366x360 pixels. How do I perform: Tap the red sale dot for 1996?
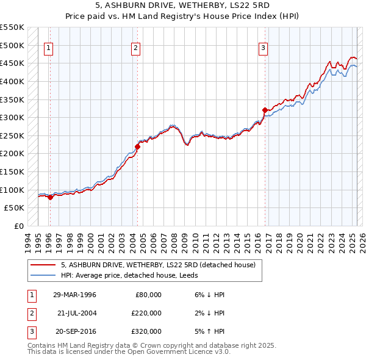coord(50,196)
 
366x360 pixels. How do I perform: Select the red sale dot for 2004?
coord(138,146)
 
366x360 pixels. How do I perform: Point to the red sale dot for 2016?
coord(265,110)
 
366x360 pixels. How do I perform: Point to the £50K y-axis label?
coord(15,208)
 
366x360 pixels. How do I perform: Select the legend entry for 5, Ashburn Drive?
coord(161,265)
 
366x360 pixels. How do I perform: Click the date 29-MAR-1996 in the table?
coord(74,295)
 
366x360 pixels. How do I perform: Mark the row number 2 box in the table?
coord(30,313)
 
